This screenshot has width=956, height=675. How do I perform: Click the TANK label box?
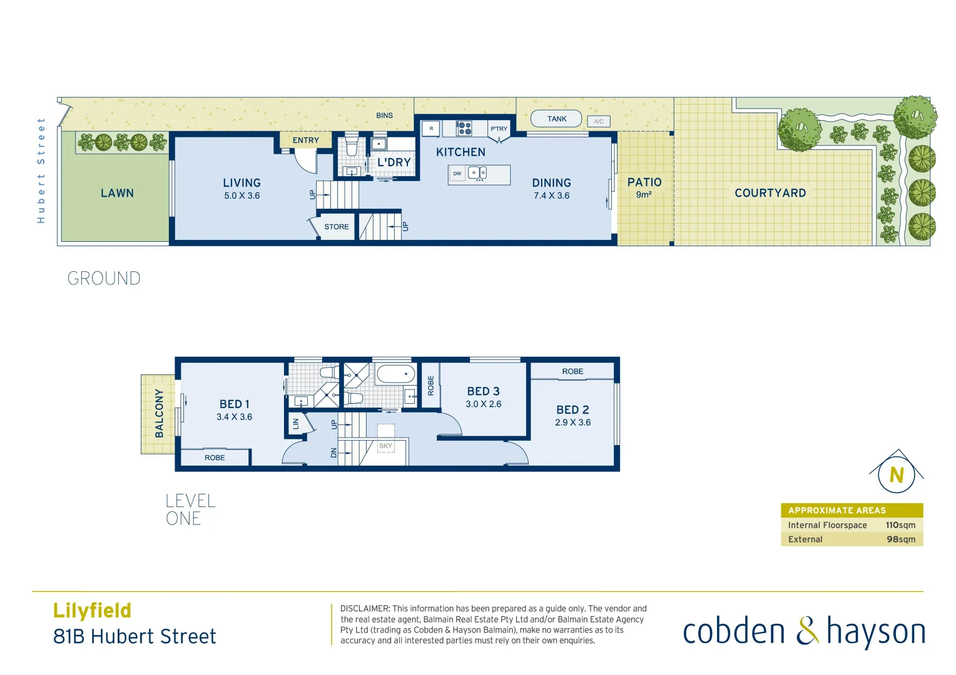point(556,119)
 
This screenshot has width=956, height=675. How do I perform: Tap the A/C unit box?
point(599,121)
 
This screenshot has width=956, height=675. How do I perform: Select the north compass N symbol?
point(897,475)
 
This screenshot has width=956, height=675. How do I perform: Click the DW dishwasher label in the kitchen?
point(457,174)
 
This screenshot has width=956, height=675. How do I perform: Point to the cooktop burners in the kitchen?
point(464,128)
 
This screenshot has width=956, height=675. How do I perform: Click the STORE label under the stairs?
point(337,227)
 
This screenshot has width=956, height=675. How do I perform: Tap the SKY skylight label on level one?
point(385,446)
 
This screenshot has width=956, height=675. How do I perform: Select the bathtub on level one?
point(395,374)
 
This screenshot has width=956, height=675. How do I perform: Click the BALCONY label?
point(159,413)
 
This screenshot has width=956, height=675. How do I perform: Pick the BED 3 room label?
point(483,391)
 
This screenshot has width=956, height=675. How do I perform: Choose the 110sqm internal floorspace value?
point(900,525)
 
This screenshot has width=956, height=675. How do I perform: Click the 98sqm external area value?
point(901,539)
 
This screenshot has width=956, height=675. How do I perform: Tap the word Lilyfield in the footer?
point(92,610)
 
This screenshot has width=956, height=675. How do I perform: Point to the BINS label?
point(384,116)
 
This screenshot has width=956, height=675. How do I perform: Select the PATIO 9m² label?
point(644,187)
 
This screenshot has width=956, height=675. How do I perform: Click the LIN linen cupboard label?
point(296,423)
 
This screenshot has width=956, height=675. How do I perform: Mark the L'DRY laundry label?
point(394,162)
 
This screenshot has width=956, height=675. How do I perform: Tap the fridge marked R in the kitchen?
point(430,129)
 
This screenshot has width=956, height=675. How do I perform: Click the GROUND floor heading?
point(104,278)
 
